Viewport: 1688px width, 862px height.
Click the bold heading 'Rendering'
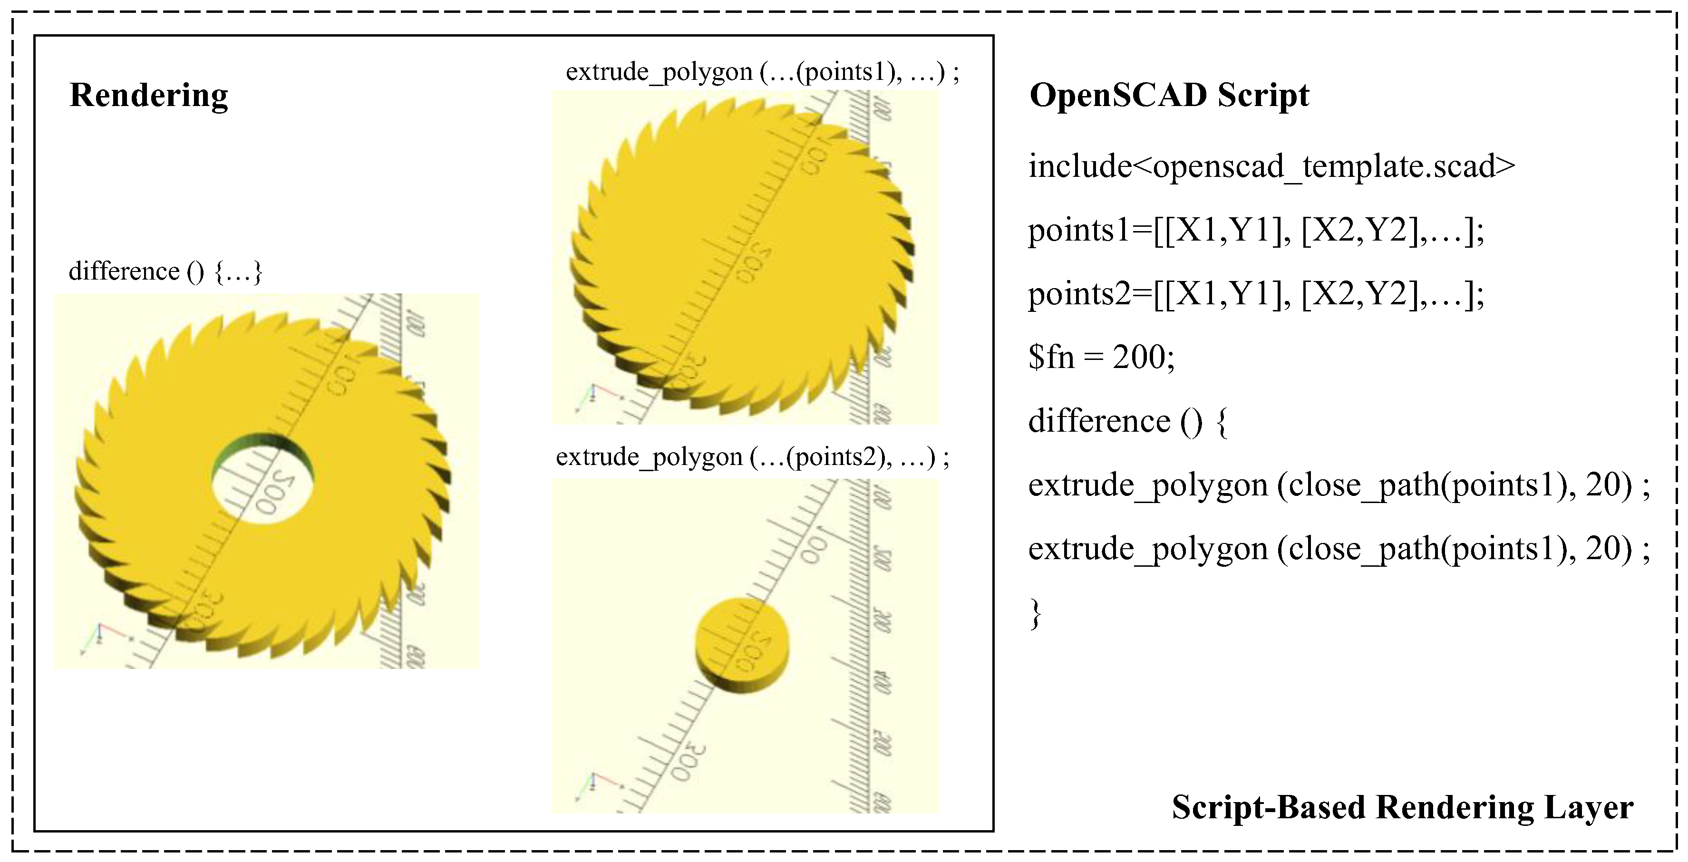(x=149, y=95)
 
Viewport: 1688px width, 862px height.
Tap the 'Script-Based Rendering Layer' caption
(x=1402, y=806)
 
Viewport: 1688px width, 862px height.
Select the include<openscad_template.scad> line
(x=1271, y=166)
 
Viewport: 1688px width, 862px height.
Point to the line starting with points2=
(x=1255, y=293)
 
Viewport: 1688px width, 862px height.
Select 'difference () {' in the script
(x=1127, y=420)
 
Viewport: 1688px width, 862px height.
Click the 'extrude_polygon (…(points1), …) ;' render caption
(x=762, y=71)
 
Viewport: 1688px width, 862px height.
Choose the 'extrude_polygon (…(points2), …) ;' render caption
(x=752, y=456)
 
